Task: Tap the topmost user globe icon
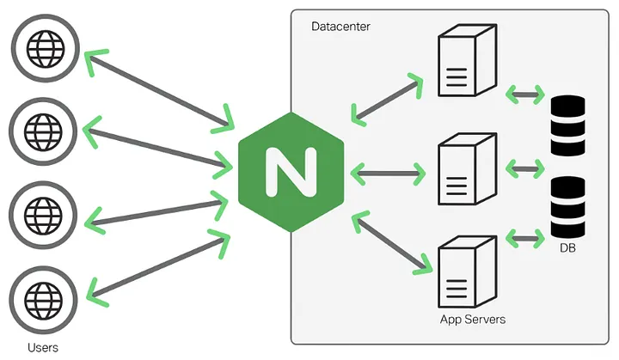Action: click(x=44, y=47)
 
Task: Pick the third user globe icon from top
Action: click(x=44, y=211)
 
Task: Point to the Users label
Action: click(x=43, y=347)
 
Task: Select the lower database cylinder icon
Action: click(x=567, y=208)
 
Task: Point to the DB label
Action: click(x=567, y=248)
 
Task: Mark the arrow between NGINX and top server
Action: click(x=389, y=97)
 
